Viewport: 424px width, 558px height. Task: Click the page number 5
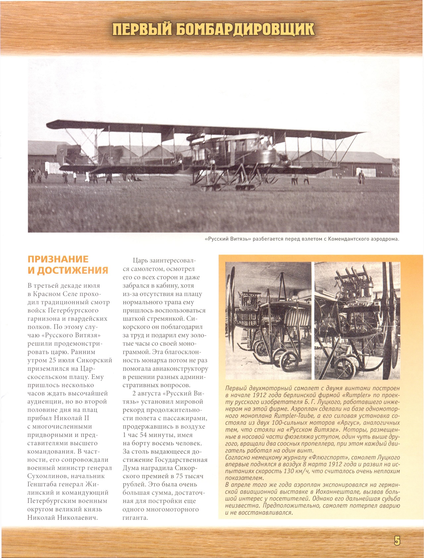[x=397, y=541]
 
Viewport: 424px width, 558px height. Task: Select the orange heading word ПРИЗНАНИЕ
[x=58, y=259]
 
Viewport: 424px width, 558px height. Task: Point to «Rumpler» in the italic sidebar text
[x=358, y=395]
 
